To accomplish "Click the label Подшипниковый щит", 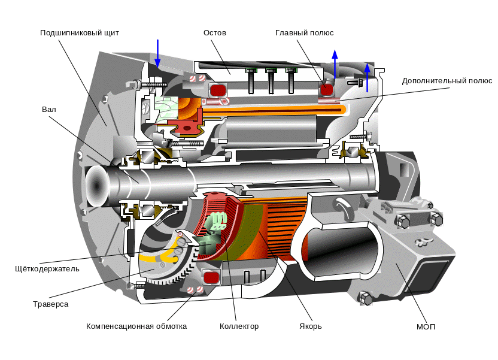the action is pyautogui.click(x=80, y=33).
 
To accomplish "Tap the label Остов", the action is pyautogui.click(x=215, y=33).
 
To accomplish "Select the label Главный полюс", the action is pyautogui.click(x=304, y=33).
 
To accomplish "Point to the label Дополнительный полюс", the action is pyautogui.click(x=447, y=81).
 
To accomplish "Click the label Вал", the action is pyautogui.click(x=49, y=109).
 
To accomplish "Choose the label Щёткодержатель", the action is pyautogui.click(x=47, y=269).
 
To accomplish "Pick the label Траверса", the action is pyautogui.click(x=50, y=304).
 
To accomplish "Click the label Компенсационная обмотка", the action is pyautogui.click(x=136, y=326).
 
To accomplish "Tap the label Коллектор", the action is pyautogui.click(x=239, y=326).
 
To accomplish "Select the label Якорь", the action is pyautogui.click(x=310, y=326).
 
